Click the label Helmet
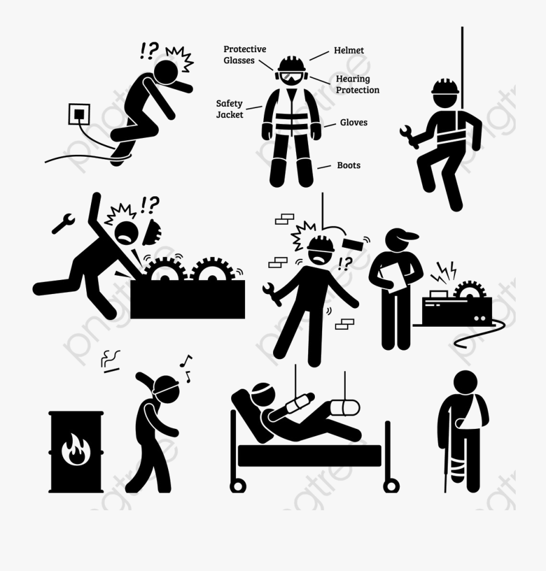[x=349, y=50]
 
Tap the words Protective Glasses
[x=244, y=55]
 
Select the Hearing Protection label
[x=357, y=84]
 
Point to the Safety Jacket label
[x=229, y=109]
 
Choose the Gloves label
[x=353, y=122]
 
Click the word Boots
[x=349, y=165]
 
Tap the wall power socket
[x=79, y=115]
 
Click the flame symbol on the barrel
[x=75, y=450]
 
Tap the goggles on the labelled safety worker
[x=291, y=77]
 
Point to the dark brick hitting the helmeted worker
[x=354, y=244]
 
